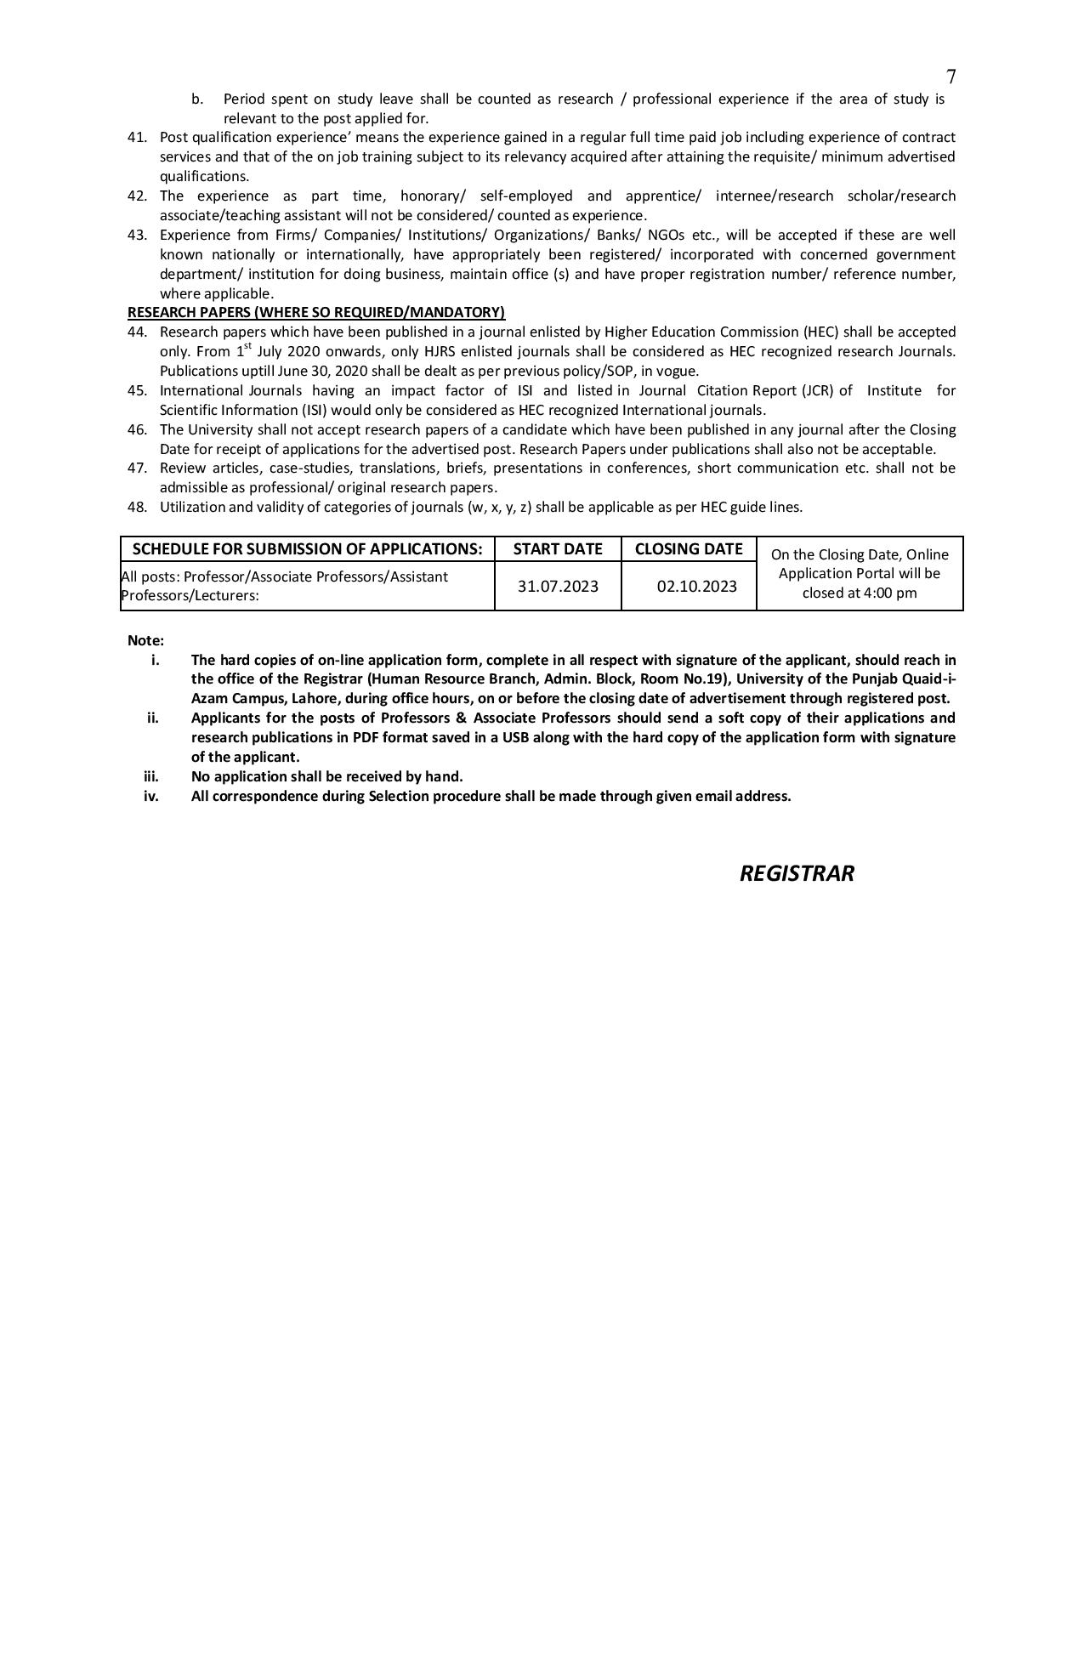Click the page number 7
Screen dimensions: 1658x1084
(951, 77)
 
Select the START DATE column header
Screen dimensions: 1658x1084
(558, 549)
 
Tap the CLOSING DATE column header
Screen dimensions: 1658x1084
(689, 549)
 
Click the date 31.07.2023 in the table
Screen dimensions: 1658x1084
(558, 587)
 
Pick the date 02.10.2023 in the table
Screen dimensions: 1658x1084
(696, 587)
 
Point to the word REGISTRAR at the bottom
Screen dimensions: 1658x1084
(797, 874)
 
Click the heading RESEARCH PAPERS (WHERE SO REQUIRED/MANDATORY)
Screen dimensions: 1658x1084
(316, 312)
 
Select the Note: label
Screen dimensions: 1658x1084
(145, 640)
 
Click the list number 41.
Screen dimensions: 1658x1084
(137, 138)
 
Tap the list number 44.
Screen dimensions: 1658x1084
(137, 332)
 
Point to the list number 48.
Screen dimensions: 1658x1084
(137, 508)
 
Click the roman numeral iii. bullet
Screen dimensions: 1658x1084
(151, 776)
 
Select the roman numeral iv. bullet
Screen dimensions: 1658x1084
(151, 796)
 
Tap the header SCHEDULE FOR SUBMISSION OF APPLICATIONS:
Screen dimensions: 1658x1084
(307, 549)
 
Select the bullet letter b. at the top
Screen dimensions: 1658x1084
(197, 99)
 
